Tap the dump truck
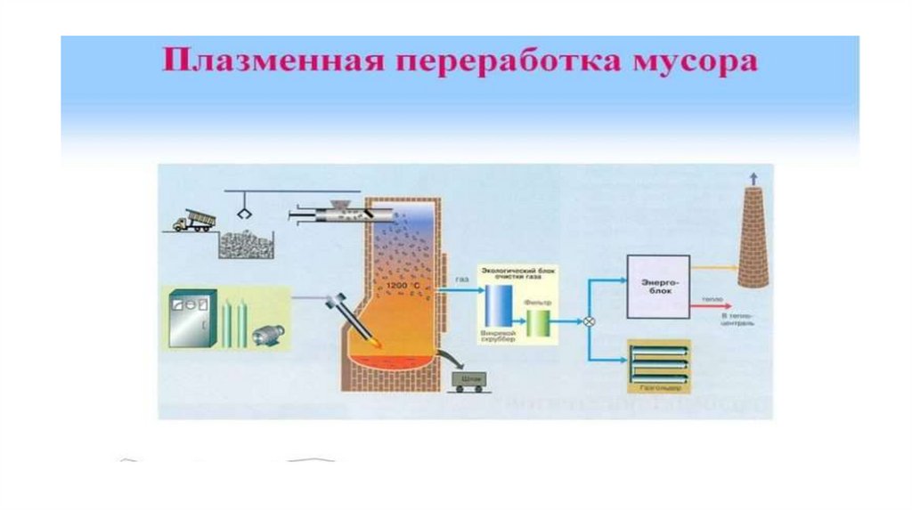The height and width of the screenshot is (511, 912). click(189, 220)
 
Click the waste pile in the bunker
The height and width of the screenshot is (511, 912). click(245, 245)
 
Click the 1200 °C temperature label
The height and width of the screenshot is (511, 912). click(403, 285)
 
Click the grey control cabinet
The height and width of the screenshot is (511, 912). click(191, 320)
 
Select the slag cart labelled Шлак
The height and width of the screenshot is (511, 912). click(469, 381)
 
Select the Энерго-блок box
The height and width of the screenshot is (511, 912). click(660, 286)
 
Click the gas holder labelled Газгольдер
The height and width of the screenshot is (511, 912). click(660, 364)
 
